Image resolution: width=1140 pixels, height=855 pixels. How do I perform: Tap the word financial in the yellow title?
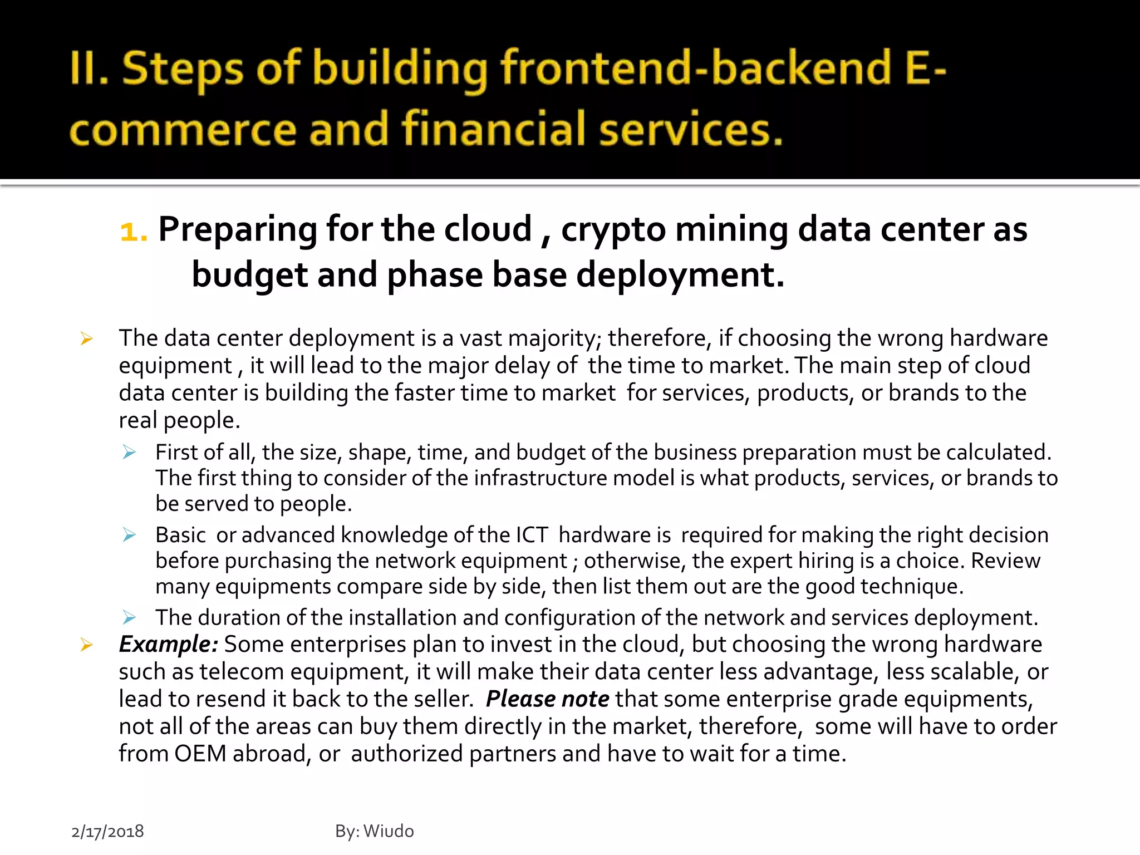click(493, 129)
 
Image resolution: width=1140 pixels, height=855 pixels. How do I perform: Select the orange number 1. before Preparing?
click(134, 230)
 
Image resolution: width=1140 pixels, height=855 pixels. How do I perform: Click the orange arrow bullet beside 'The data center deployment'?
click(86, 338)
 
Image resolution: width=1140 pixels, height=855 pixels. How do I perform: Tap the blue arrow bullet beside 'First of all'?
click(129, 452)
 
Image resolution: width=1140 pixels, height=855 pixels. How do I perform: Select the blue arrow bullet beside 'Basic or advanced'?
click(129, 535)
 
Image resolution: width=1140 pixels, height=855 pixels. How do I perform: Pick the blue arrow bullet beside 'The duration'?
click(129, 617)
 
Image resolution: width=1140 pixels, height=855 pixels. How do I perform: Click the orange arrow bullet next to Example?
click(86, 645)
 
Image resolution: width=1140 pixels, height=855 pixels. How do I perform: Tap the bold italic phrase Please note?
click(547, 699)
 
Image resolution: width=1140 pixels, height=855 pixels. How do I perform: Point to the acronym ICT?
click(532, 535)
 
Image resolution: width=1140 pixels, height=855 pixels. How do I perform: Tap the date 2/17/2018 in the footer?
click(107, 831)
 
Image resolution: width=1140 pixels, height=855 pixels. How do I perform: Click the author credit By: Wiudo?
click(374, 831)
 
